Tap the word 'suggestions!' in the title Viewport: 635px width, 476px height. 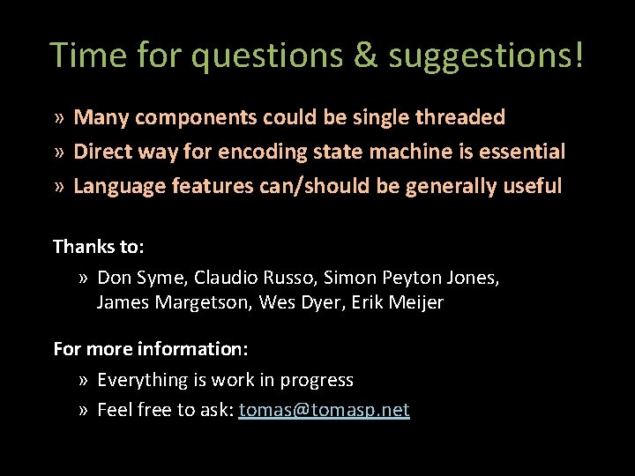[486, 56]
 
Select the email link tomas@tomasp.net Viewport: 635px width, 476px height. [324, 410]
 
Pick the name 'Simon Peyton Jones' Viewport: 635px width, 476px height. [410, 279]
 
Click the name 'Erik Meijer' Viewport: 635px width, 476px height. [398, 303]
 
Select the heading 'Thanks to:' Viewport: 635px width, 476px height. [98, 247]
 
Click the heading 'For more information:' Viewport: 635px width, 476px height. [150, 349]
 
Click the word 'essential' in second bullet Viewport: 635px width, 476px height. [524, 152]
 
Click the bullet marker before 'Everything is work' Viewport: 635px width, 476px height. [83, 381]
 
